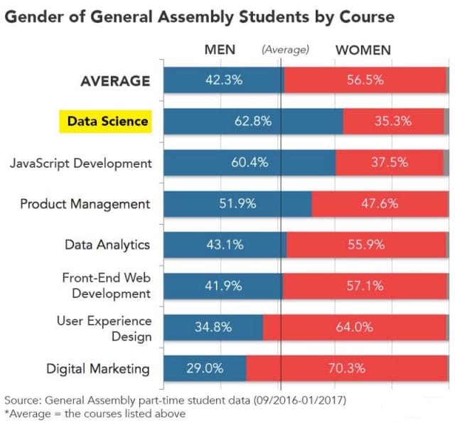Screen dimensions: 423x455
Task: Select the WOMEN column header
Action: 363,50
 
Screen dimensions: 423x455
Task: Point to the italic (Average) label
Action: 285,50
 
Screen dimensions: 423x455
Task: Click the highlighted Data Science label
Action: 107,122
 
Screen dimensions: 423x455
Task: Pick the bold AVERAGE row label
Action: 114,80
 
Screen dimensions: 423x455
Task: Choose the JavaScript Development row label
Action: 81,163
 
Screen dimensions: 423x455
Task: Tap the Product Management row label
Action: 85,204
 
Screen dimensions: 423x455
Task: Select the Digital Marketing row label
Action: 98,369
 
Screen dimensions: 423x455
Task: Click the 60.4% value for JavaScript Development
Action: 250,163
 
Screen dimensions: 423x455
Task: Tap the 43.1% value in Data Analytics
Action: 224,245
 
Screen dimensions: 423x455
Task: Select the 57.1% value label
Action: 365,287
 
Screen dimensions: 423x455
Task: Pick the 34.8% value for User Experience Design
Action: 213,328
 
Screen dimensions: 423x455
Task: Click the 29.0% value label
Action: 205,369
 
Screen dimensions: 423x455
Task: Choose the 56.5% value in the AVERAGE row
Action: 365,80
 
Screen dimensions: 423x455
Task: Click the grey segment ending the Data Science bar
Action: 446,122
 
